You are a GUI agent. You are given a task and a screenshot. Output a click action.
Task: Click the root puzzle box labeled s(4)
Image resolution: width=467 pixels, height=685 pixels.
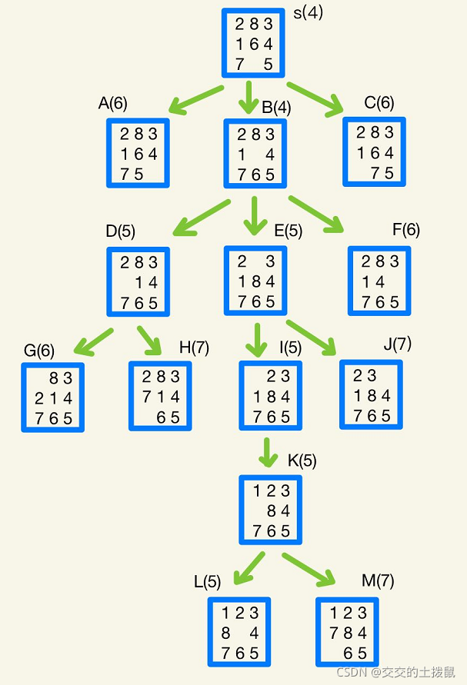pos(253,44)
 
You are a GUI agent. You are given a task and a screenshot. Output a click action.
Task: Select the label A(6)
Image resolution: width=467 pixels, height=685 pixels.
pos(113,105)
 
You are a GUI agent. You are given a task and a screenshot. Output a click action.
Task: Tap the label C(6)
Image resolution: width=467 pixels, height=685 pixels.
pos(379,103)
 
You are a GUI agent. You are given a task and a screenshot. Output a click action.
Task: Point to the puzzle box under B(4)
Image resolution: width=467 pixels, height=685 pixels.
pos(255,153)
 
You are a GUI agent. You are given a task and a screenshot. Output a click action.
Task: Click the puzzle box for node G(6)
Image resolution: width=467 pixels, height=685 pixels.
pos(53,397)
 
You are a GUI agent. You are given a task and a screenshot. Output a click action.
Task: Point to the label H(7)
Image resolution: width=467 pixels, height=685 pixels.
pos(194,347)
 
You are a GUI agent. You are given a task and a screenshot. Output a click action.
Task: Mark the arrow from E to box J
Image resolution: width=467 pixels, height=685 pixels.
pos(312,338)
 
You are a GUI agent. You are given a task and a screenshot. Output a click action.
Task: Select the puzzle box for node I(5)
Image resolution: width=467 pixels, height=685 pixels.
pos(271,396)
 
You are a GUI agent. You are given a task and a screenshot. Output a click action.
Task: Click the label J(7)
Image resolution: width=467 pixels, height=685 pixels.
pos(397,344)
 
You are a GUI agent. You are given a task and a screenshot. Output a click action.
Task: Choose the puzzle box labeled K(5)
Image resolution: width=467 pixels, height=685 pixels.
pos(269,510)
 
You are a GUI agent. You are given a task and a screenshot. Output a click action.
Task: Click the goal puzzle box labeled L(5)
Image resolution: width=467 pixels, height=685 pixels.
pos(239,632)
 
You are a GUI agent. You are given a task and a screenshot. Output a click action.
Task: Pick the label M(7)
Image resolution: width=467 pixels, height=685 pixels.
pos(378,581)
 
